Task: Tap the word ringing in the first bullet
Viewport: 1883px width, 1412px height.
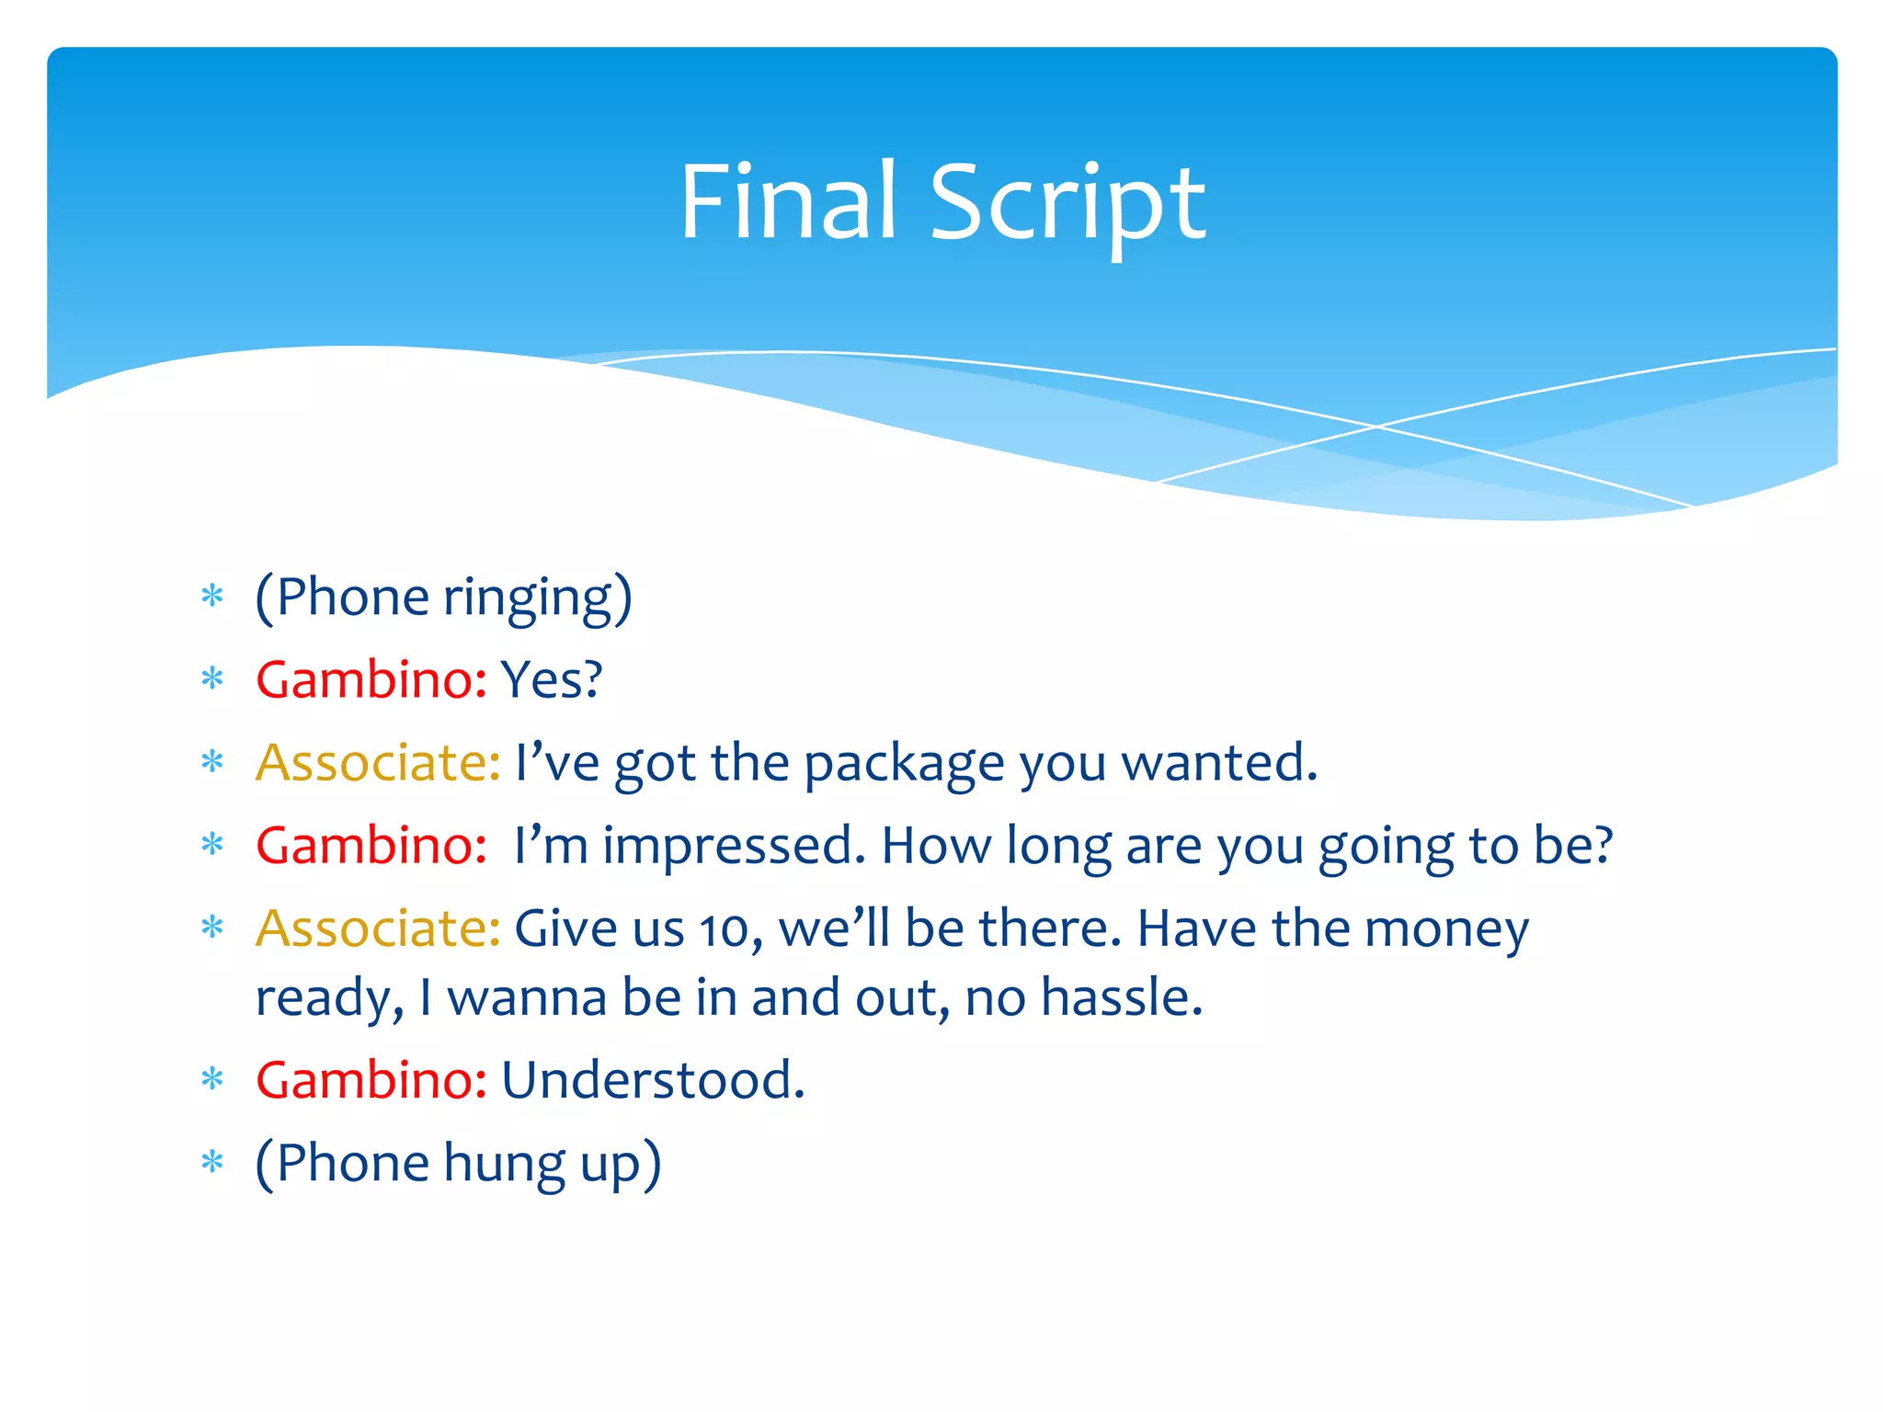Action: (527, 598)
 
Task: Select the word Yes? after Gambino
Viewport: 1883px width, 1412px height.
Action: (552, 680)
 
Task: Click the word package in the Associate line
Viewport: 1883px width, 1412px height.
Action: (904, 764)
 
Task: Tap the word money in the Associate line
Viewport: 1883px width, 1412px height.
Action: (1446, 929)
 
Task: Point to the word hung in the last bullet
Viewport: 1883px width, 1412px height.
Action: (504, 1164)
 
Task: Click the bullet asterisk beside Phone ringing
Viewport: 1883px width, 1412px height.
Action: (212, 597)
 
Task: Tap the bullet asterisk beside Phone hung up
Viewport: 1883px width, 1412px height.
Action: (212, 1163)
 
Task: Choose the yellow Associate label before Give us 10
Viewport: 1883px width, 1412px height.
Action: (378, 928)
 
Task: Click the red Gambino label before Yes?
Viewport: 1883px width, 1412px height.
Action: (371, 680)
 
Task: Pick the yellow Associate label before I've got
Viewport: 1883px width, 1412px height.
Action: (378, 763)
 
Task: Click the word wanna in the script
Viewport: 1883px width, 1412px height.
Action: (527, 998)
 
